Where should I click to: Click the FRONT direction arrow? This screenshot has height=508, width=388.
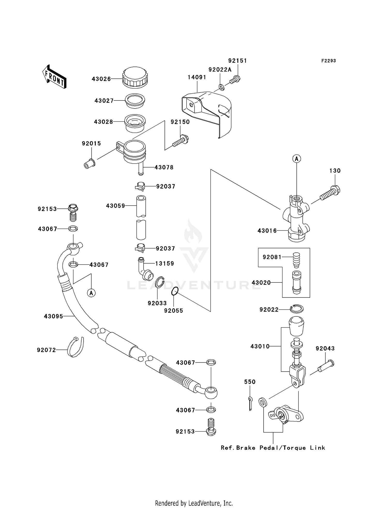coord(54,77)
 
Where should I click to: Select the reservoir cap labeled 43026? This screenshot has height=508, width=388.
coord(135,77)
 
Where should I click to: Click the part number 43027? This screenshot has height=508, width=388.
coord(104,101)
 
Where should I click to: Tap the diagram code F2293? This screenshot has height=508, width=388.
coord(329,61)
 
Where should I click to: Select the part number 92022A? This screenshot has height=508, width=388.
coord(220,70)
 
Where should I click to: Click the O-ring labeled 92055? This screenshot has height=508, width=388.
coord(175,292)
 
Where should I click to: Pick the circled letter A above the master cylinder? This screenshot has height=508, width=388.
coord(297,158)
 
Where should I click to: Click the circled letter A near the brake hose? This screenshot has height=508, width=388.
coord(91,293)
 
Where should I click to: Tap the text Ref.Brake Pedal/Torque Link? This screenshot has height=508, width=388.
coord(273,448)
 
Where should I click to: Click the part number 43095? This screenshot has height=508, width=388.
coord(53,316)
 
